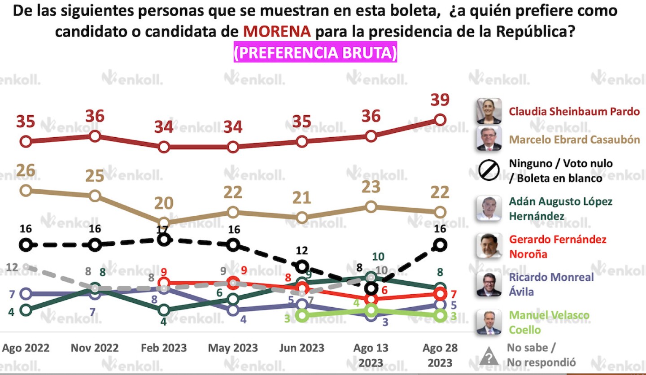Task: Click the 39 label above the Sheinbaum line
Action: tap(440, 100)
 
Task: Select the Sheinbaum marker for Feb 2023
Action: tap(164, 147)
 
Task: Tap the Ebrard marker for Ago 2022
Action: tap(26, 190)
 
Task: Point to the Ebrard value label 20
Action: tap(164, 203)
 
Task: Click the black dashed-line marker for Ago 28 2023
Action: tap(441, 244)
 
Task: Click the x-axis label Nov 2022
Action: tap(95, 348)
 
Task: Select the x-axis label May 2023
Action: tap(233, 348)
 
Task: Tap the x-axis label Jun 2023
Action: tap(302, 348)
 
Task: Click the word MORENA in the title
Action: tap(276, 31)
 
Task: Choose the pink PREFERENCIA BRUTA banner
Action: tap(315, 53)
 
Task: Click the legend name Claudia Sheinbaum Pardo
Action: tap(574, 111)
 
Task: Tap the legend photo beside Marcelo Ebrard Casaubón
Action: tap(489, 139)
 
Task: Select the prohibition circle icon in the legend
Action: tap(489, 170)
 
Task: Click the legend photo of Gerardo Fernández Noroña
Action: tap(489, 246)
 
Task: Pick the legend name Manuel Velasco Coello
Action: tap(549, 323)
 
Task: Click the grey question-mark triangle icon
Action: tap(489, 357)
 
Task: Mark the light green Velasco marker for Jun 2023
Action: tap(302, 315)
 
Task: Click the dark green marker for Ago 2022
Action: tap(26, 310)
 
